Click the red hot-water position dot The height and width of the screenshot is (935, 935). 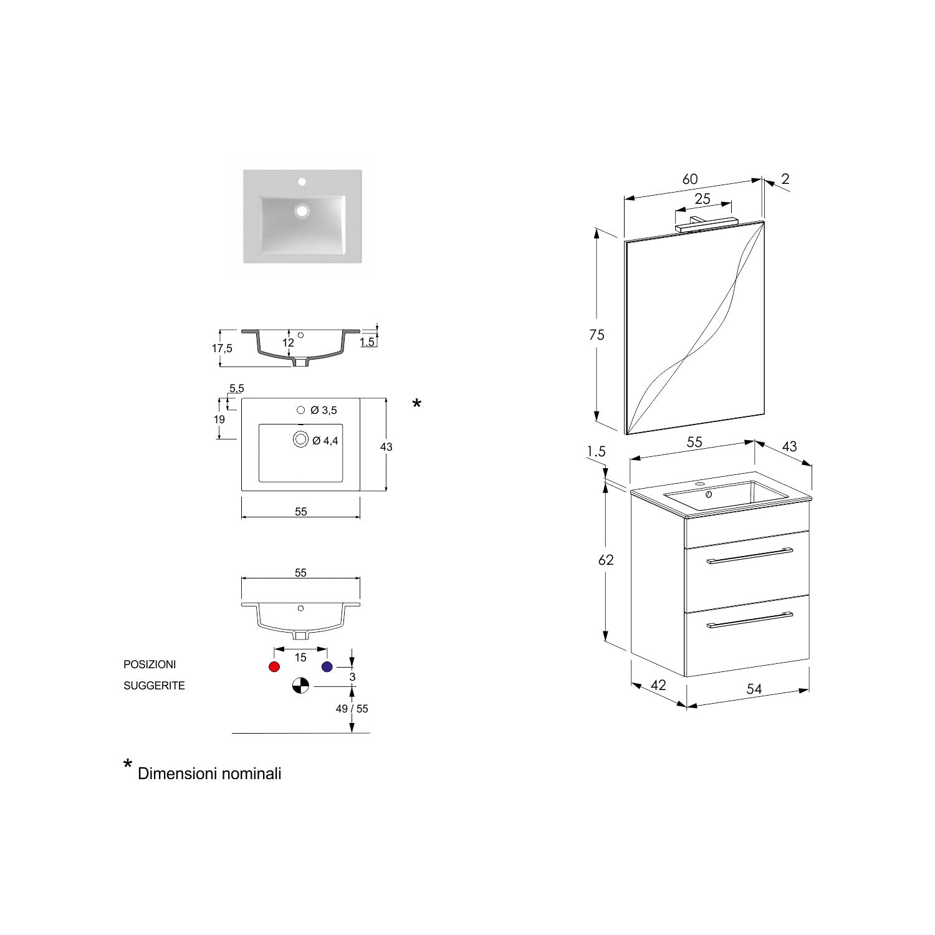click(274, 666)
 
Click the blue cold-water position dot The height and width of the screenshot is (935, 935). click(327, 666)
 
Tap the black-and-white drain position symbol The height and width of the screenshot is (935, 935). click(300, 686)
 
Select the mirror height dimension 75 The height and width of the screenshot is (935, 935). click(597, 335)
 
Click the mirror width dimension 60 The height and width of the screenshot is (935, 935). click(689, 179)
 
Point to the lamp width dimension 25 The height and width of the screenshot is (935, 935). click(702, 199)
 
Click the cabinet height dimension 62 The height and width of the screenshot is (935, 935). click(606, 560)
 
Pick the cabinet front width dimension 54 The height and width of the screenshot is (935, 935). click(754, 689)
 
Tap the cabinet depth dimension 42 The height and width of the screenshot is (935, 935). click(658, 685)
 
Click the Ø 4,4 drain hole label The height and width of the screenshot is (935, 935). click(325, 441)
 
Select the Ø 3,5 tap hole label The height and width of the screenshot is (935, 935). click(324, 410)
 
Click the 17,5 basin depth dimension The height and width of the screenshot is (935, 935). click(222, 348)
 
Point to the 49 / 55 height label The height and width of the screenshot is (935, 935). click(352, 709)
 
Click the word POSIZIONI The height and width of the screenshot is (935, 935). click(150, 664)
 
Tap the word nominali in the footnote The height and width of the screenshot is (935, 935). click(247, 774)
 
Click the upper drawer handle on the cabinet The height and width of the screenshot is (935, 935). click(749, 556)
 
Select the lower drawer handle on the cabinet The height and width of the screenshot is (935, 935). click(749, 620)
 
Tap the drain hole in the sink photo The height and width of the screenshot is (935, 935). click(302, 211)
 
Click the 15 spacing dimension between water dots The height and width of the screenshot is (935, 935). click(300, 658)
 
